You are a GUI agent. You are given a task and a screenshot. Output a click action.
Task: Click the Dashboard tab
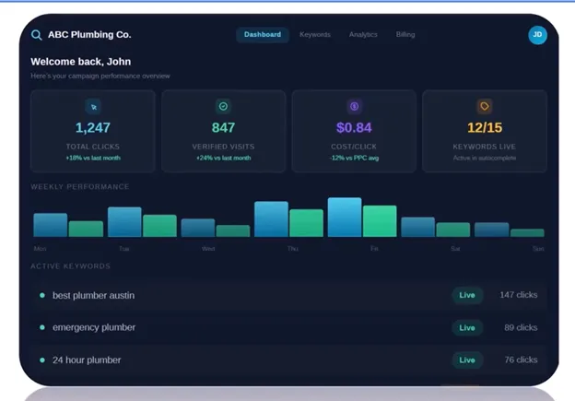(263, 35)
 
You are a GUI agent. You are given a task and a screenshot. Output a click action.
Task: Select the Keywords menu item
(315, 35)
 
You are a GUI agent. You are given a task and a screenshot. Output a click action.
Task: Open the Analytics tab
(363, 35)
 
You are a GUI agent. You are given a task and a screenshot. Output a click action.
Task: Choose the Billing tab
(405, 35)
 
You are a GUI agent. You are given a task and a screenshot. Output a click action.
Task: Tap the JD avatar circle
(537, 35)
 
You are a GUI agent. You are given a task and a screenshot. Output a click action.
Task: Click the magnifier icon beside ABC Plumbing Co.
(37, 35)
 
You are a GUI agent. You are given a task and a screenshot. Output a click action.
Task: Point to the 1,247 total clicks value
(92, 128)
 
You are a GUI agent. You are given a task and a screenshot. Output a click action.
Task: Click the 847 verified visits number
(223, 128)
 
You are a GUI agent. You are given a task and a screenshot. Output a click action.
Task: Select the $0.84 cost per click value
(354, 128)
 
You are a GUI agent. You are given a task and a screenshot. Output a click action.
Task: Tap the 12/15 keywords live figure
(485, 128)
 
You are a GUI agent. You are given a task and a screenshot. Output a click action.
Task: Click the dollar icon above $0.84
(354, 106)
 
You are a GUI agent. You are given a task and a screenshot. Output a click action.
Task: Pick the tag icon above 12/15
(485, 106)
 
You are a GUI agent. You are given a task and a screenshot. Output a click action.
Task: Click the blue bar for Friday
(345, 218)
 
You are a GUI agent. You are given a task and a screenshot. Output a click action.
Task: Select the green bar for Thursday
(306, 223)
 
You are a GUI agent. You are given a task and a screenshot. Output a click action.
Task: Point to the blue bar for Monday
(50, 225)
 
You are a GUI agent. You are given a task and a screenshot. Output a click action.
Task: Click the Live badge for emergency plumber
(467, 327)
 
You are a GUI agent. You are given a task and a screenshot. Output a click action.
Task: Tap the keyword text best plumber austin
(93, 295)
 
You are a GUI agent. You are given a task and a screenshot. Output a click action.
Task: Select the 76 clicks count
(521, 360)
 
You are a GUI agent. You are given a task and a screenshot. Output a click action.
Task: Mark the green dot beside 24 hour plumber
(42, 360)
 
